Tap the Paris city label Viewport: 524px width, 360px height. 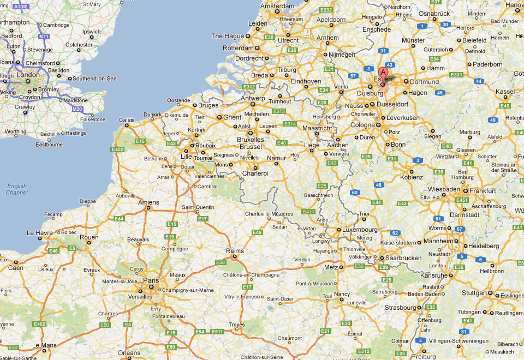[x=151, y=280]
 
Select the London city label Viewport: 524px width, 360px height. [x=28, y=75]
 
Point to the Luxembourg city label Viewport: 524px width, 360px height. [x=360, y=230]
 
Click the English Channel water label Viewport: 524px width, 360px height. [x=17, y=189]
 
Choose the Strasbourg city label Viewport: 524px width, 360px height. [x=401, y=308]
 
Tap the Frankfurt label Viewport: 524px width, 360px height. [x=483, y=191]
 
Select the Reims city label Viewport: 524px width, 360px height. [x=234, y=250]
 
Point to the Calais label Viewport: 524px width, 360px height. [x=127, y=120]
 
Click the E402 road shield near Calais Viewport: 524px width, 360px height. [x=117, y=149]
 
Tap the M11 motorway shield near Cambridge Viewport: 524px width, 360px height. [x=44, y=37]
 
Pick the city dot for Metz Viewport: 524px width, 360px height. [x=341, y=267]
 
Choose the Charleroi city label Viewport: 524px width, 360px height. [x=255, y=173]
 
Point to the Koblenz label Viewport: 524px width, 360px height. [x=412, y=177]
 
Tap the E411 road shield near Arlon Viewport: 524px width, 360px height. [x=308, y=211]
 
